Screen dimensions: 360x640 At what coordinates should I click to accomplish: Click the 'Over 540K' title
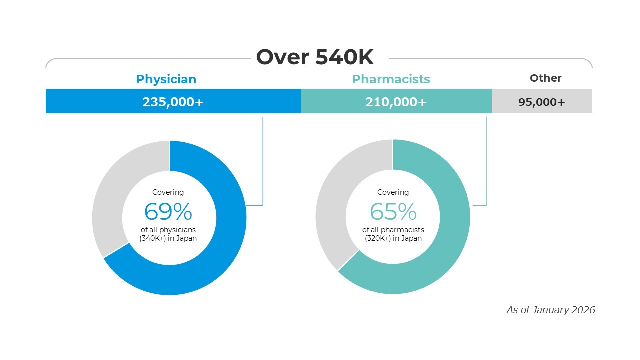click(315, 57)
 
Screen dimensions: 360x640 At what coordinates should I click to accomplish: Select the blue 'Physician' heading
click(166, 79)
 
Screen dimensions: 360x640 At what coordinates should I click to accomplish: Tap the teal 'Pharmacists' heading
click(391, 79)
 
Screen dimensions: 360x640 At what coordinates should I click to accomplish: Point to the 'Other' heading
click(545, 78)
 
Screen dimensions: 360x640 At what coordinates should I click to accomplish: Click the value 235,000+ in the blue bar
click(173, 102)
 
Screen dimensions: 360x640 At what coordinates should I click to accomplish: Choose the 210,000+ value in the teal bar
click(396, 102)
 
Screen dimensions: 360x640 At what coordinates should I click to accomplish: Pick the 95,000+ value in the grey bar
click(541, 102)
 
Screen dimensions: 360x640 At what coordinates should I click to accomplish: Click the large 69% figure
click(168, 212)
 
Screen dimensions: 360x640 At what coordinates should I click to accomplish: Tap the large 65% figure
click(393, 212)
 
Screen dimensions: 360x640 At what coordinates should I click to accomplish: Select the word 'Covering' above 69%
click(168, 192)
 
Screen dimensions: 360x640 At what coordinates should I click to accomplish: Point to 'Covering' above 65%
click(393, 192)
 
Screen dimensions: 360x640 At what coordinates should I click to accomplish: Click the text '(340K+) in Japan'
click(168, 238)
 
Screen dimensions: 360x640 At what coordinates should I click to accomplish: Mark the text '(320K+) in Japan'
click(393, 238)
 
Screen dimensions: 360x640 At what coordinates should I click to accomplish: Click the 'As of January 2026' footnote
click(551, 310)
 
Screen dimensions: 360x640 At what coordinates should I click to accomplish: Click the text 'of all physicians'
click(168, 230)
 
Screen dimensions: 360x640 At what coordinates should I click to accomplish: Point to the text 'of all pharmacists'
click(393, 230)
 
